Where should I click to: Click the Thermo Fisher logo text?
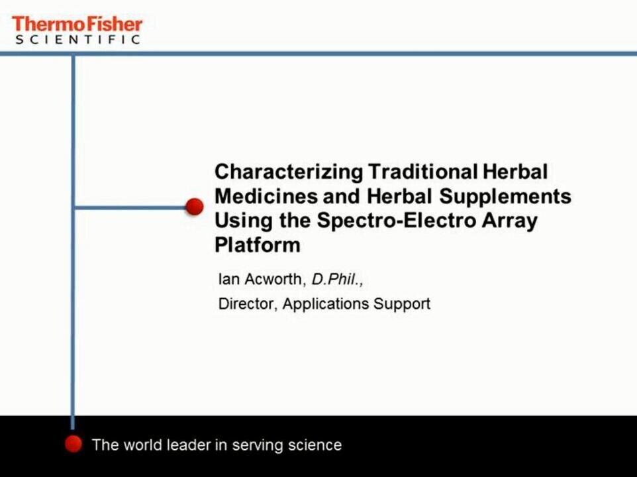coord(77,25)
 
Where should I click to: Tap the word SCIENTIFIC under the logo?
coord(77,39)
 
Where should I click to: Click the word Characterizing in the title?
coord(289,172)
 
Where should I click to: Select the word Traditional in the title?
coord(422,172)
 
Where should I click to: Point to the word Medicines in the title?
coord(266,196)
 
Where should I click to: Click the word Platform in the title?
coord(258,244)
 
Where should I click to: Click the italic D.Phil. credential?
coord(337,279)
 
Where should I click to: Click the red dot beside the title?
coord(195,207)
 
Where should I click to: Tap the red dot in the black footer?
coord(73,444)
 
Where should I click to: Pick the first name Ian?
coord(228,279)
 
